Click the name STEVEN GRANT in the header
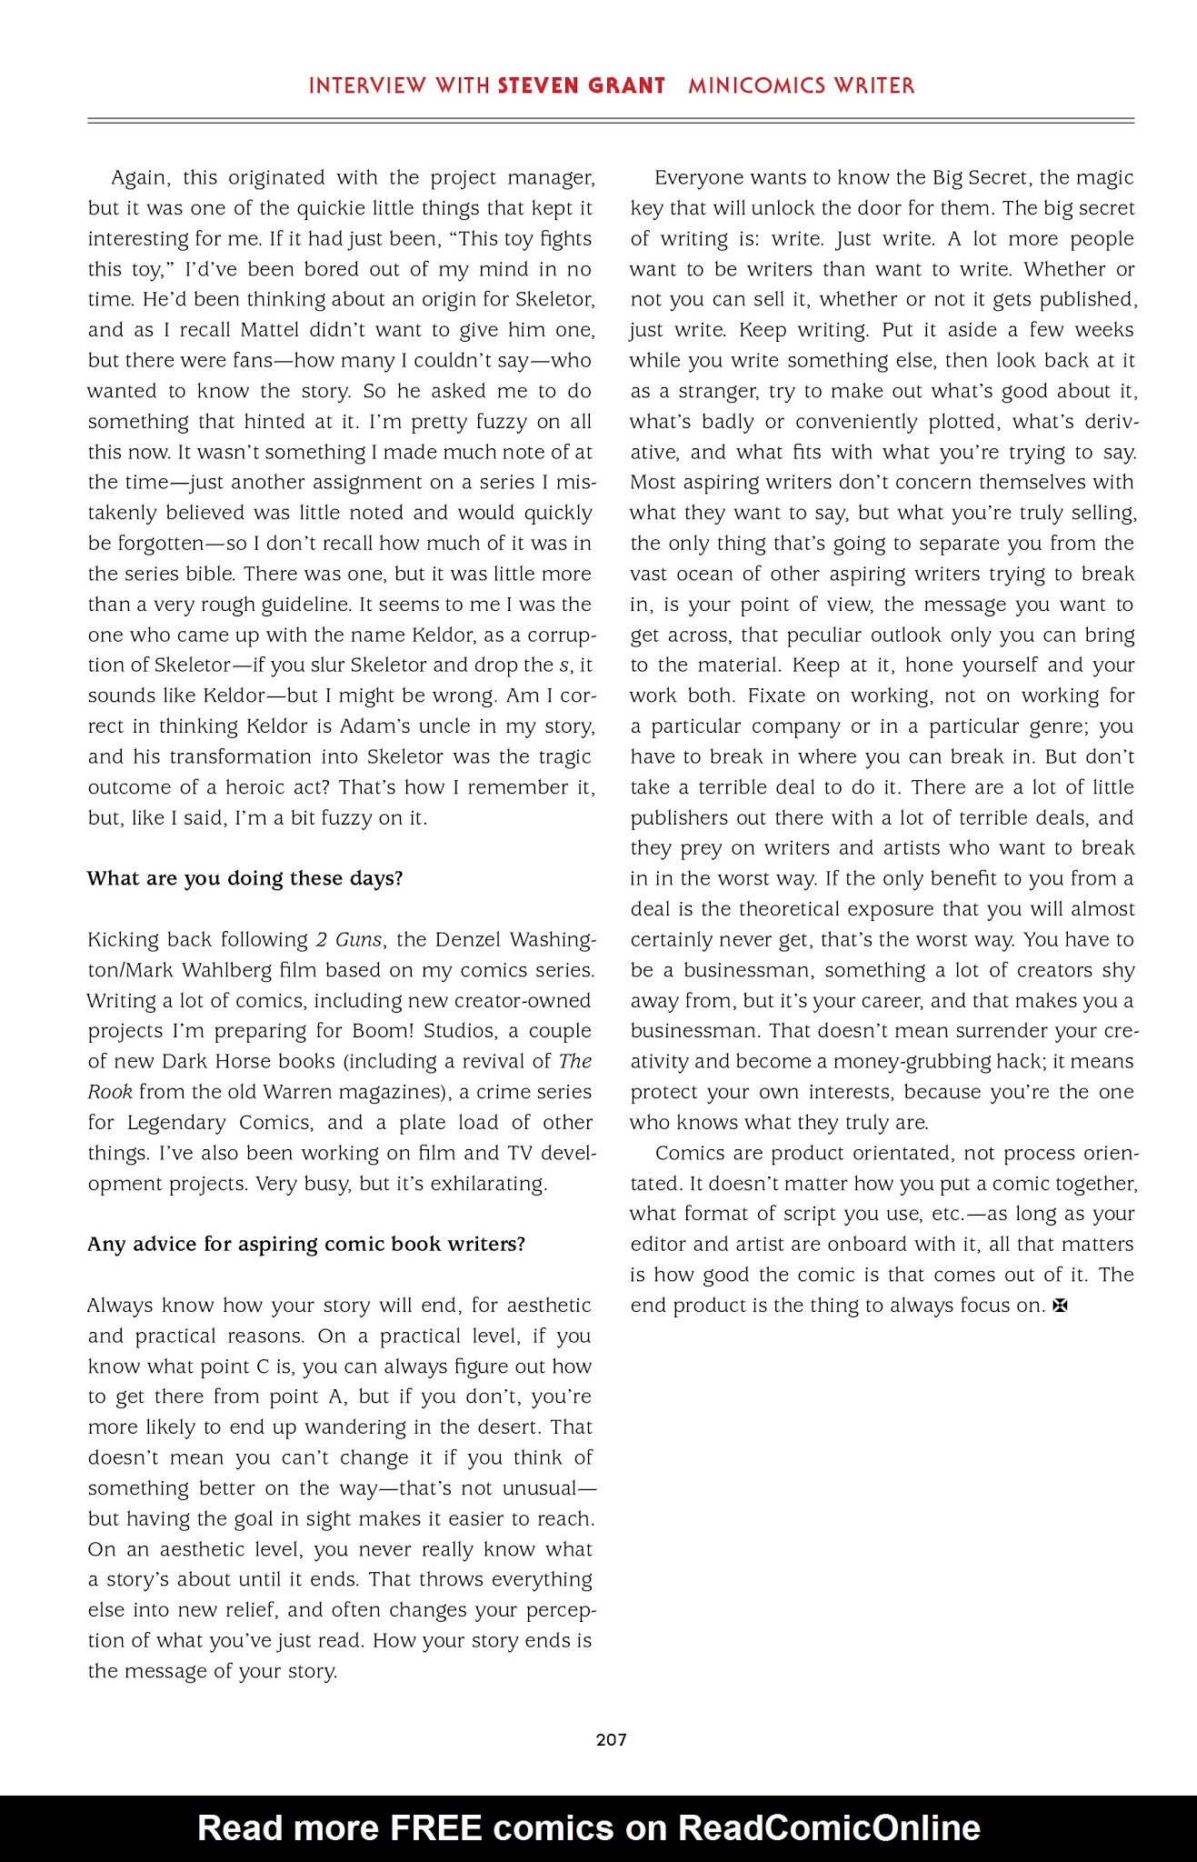(x=582, y=86)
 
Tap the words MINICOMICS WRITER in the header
(x=801, y=86)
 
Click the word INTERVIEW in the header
(x=367, y=86)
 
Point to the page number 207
(x=611, y=1739)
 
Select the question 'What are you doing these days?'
(x=244, y=878)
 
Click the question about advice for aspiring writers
(x=306, y=1244)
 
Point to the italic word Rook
(x=110, y=1092)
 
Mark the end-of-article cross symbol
(x=1059, y=1306)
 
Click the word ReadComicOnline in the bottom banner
(x=829, y=1827)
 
